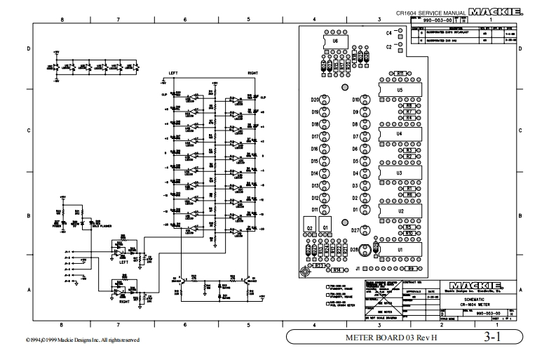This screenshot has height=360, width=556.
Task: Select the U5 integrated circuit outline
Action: [399, 91]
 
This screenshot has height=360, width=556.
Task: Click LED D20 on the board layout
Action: [325, 100]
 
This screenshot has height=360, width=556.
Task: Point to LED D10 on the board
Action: [365, 100]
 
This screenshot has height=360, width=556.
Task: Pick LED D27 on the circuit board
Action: [365, 230]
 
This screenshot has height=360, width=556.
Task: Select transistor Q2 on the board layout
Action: [309, 227]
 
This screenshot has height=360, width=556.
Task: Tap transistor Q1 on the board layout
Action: [325, 227]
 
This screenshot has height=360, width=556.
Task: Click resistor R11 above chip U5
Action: [399, 73]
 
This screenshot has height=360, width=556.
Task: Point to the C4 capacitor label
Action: [389, 33]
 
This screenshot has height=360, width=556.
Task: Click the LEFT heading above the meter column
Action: [174, 72]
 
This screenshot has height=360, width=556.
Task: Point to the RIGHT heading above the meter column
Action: [252, 72]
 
